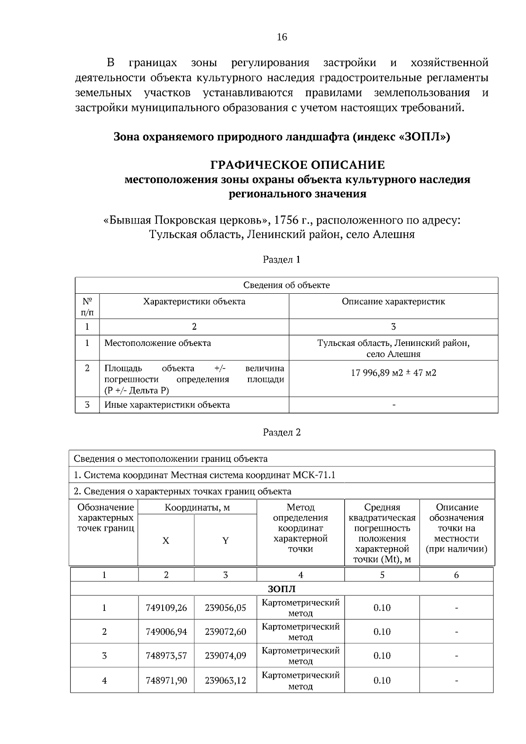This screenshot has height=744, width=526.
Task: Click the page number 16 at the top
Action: point(282,37)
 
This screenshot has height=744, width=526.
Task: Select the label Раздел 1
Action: point(281,260)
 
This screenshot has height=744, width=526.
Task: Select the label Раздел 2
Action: point(281,432)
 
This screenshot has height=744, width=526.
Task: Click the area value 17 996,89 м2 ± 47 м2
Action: point(393,373)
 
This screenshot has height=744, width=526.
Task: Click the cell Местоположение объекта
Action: point(157,343)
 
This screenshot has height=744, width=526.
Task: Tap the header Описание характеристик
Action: point(393,302)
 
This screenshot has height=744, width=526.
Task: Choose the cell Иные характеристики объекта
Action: point(167,405)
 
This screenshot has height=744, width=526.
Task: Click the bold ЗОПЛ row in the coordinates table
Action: point(281,588)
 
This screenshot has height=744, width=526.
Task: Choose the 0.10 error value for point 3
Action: point(382,656)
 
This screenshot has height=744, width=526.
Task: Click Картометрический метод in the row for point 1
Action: point(300,608)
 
